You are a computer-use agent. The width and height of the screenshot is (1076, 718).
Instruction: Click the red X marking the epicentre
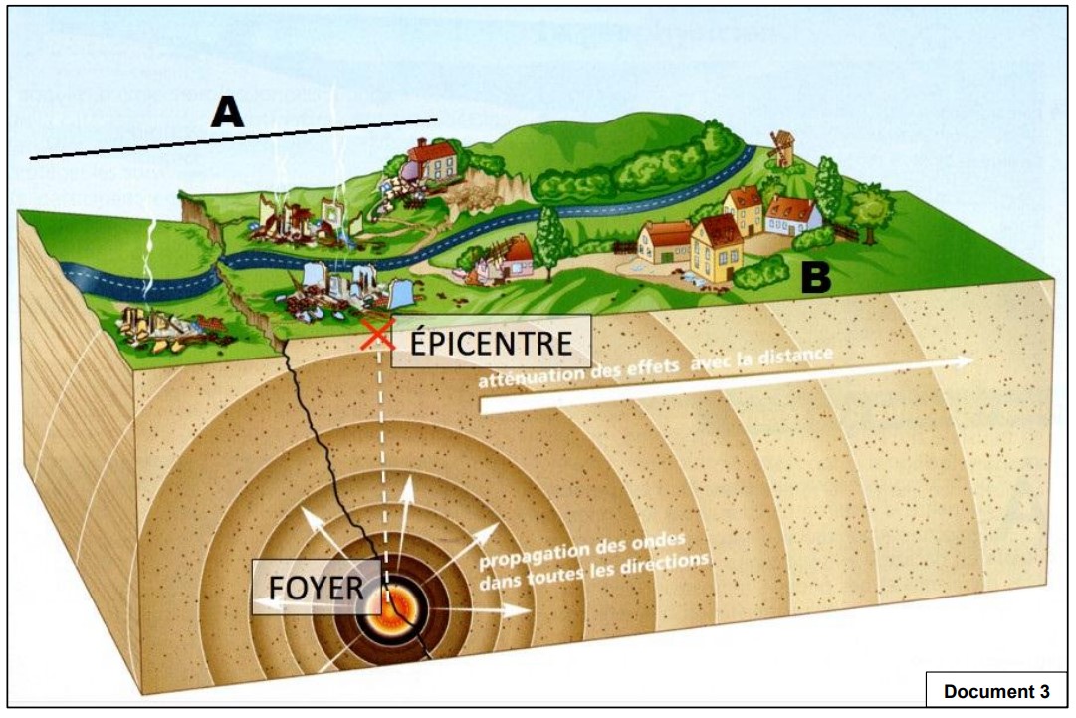coord(375,335)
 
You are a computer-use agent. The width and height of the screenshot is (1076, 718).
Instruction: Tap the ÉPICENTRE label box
coord(491,343)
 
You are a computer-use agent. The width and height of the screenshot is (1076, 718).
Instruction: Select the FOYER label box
coord(317,587)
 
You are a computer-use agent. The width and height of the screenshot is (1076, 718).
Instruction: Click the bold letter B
coord(816,278)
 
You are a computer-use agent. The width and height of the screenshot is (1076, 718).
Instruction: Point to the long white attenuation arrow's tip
coord(969,362)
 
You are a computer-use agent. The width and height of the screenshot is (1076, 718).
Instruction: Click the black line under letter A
coord(234,138)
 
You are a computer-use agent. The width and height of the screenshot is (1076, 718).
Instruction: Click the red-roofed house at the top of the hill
coord(432,160)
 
